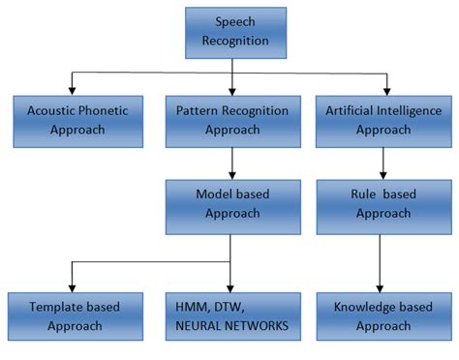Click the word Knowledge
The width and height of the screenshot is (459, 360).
(362, 308)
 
